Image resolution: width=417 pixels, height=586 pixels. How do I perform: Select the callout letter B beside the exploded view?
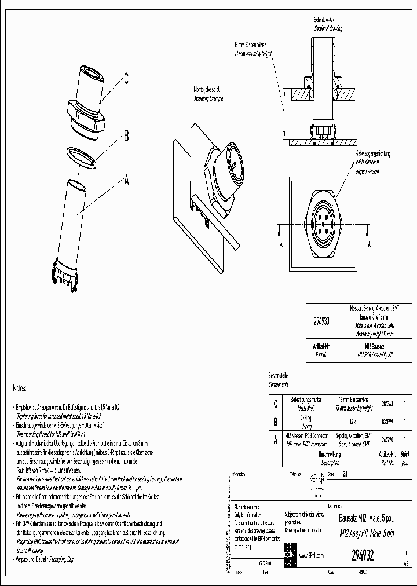(126, 137)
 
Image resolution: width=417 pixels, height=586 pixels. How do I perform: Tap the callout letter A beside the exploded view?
(125, 180)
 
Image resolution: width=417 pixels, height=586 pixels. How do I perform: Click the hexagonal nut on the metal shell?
(86, 113)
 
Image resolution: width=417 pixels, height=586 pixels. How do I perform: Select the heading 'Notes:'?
(20, 388)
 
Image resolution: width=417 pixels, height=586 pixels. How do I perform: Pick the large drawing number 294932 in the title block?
(363, 555)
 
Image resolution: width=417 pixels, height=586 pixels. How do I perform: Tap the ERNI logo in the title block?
(289, 555)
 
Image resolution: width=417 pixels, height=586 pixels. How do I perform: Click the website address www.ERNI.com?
(310, 555)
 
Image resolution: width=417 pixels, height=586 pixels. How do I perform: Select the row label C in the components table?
(275, 404)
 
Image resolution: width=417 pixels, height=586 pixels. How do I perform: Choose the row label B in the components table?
(275, 423)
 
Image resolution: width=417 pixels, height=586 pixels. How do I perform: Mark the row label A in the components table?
(275, 440)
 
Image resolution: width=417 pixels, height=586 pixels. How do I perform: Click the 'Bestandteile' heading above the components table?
(279, 376)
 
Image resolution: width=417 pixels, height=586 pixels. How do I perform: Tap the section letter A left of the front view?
(281, 244)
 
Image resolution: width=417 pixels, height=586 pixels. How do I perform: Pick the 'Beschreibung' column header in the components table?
(330, 455)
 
